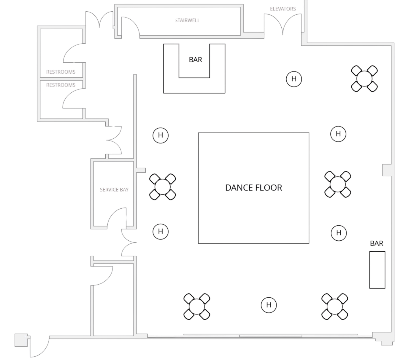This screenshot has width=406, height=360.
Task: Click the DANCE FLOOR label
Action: click(254, 188)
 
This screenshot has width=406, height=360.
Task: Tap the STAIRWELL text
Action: click(187, 20)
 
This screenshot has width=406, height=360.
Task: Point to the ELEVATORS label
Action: click(283, 9)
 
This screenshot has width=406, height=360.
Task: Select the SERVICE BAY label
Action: click(114, 190)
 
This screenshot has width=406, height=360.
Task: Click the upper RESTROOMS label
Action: click(61, 72)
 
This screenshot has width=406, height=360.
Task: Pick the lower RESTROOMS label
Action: click(61, 85)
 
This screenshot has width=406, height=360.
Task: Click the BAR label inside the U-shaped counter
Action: click(195, 60)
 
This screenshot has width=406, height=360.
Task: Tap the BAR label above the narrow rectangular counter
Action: click(377, 243)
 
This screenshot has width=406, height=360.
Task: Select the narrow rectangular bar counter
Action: click(377, 270)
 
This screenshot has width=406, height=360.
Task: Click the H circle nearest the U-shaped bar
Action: click(294, 79)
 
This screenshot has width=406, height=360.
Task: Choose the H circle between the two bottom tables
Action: click(269, 305)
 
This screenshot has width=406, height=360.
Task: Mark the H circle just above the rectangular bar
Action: click(339, 233)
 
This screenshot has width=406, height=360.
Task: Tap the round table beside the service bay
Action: click(162, 187)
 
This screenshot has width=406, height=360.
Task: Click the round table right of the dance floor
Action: click(338, 184)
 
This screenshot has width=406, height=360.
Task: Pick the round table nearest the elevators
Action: click(364, 79)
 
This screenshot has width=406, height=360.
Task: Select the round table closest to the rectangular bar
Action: click(335, 306)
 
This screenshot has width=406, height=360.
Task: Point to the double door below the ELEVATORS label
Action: click(283, 24)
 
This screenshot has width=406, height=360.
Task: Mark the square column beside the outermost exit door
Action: click(22, 340)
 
